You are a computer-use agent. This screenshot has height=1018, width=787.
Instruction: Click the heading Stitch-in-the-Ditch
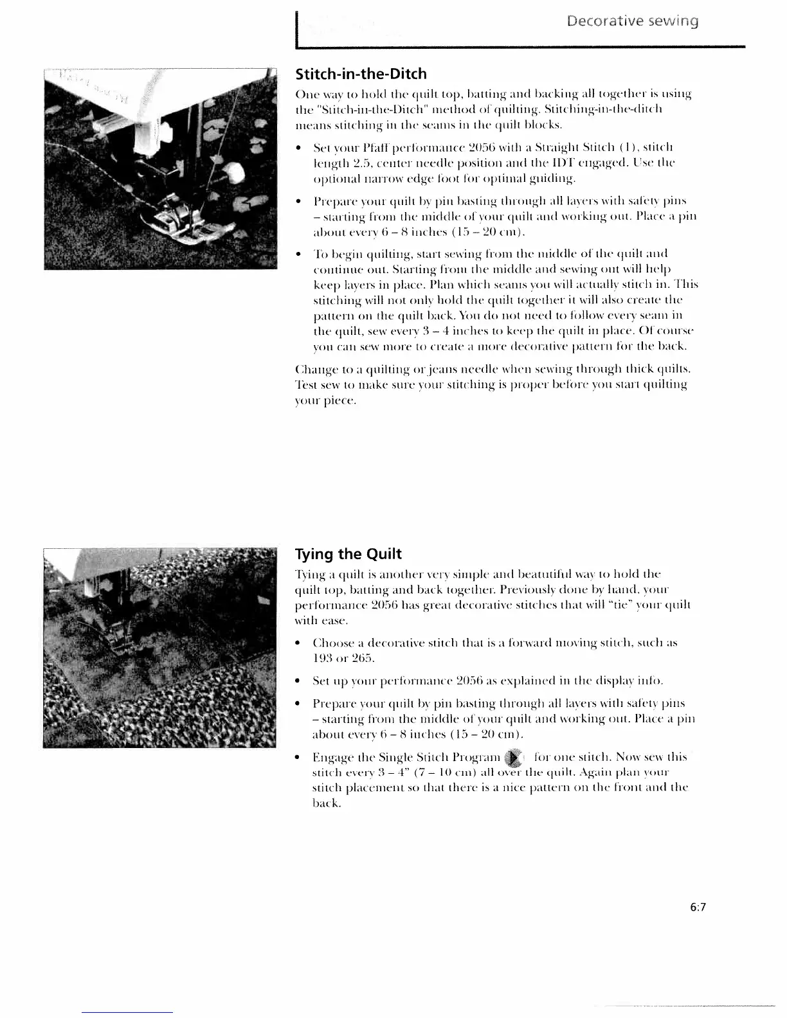[359, 74]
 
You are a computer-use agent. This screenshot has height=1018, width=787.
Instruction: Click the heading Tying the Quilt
[347, 554]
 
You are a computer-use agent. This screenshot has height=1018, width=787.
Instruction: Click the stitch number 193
[321, 658]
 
